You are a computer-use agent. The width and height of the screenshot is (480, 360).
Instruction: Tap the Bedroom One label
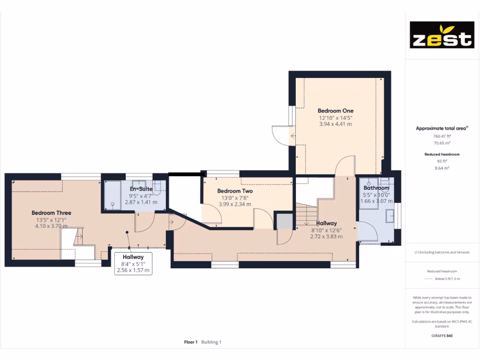tap(336, 111)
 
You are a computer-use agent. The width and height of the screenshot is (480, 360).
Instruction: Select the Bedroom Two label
tap(235, 191)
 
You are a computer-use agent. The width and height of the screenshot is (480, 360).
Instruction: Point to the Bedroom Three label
tap(52, 213)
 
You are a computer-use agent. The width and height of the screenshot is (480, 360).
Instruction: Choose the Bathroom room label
tap(376, 188)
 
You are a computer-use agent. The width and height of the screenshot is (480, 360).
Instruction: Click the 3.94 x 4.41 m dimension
tap(336, 124)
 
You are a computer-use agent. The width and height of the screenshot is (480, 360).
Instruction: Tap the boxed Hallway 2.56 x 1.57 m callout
tap(133, 263)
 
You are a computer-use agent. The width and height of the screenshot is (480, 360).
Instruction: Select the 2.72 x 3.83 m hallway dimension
tap(326, 236)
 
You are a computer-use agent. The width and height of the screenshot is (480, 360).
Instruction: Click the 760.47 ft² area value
tap(441, 136)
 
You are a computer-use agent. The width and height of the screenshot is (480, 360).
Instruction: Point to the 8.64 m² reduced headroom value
tap(441, 167)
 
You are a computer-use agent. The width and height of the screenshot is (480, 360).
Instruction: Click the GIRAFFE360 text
tap(441, 336)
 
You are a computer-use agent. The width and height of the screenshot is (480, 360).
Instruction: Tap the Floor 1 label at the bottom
tap(191, 342)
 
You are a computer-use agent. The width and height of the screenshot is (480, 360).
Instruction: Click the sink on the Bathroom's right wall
tap(390, 216)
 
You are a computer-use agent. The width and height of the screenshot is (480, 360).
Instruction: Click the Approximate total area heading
tap(441, 128)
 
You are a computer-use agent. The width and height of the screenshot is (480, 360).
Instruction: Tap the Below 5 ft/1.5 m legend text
tap(447, 279)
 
